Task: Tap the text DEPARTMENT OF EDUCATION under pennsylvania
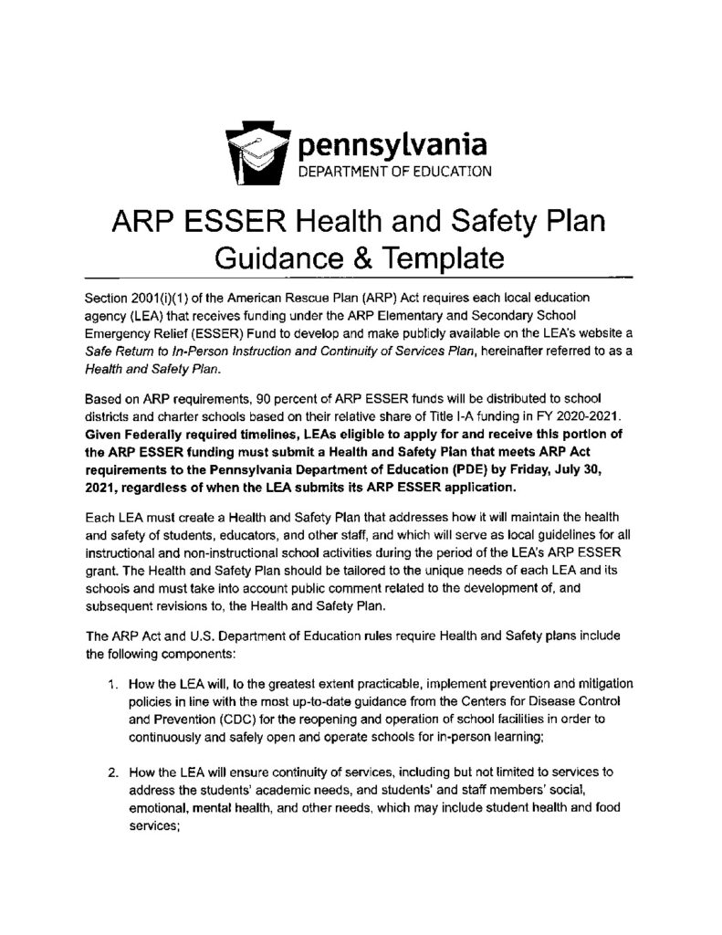390,170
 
